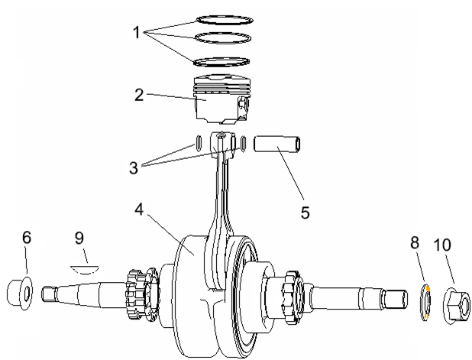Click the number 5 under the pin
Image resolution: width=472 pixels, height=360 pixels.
tap(305, 212)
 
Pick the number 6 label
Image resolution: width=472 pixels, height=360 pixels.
tap(27, 238)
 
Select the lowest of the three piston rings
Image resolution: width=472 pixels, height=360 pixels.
tap(222, 61)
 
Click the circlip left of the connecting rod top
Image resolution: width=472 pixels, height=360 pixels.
tap(199, 142)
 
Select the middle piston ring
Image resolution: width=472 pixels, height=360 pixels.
tap(223, 37)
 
